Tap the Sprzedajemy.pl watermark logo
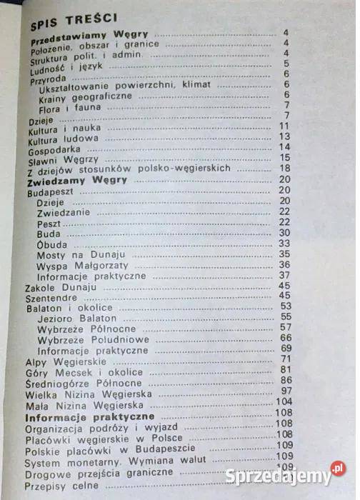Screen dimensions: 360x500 (285, 474)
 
